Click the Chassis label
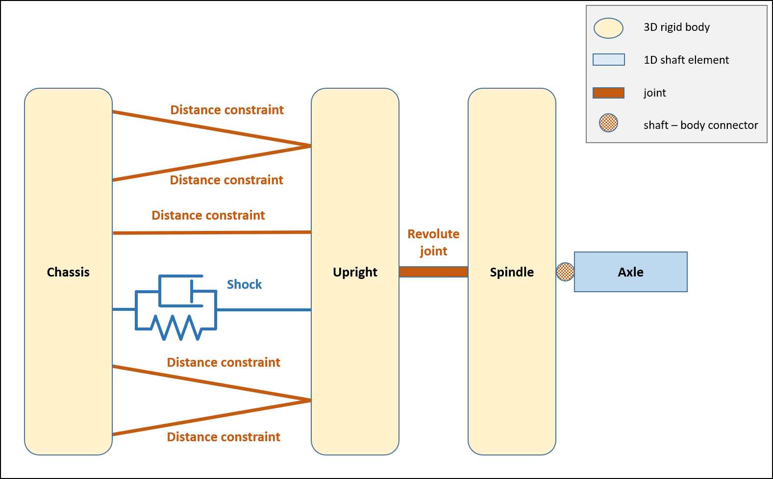tap(68, 272)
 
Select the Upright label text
tap(355, 272)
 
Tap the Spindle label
tap(512, 272)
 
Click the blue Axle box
tap(630, 272)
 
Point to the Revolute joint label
tap(433, 242)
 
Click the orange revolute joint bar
tap(433, 272)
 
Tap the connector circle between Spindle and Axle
tap(565, 272)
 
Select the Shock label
tap(244, 284)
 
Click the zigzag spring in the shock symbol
tap(176, 328)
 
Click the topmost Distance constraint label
tap(227, 110)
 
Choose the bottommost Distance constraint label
tap(224, 437)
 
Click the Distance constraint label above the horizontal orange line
tap(208, 215)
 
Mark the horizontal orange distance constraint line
tap(212, 232)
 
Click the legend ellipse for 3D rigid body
tap(608, 28)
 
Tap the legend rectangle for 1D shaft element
tap(608, 60)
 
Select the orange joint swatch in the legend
tap(608, 93)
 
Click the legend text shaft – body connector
tap(700, 126)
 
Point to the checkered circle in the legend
tap(608, 123)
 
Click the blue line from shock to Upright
tap(264, 310)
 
